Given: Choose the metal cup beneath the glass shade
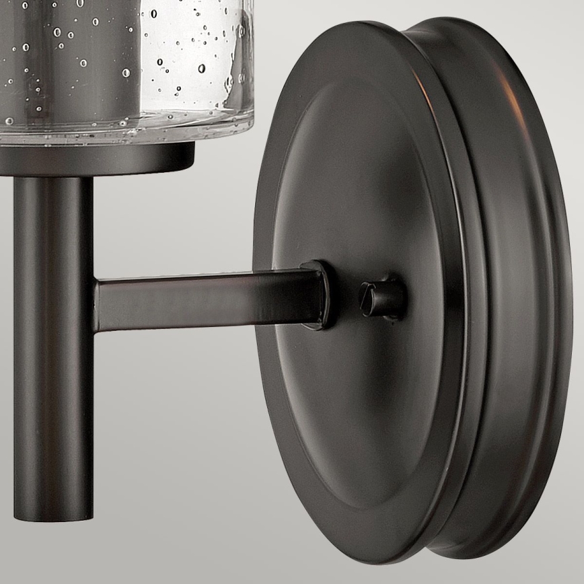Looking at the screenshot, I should click(101, 159).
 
